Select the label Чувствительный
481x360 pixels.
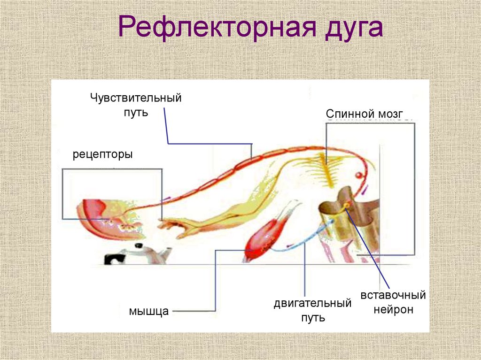tap(136, 99)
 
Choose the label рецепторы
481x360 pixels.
tap(102, 154)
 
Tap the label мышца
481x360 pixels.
tap(149, 311)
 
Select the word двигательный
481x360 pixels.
tap(313, 303)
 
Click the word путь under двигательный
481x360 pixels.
tap(313, 318)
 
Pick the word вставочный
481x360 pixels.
tap(393, 296)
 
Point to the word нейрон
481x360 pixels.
tap(393, 310)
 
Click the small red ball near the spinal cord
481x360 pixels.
tap(358, 176)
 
